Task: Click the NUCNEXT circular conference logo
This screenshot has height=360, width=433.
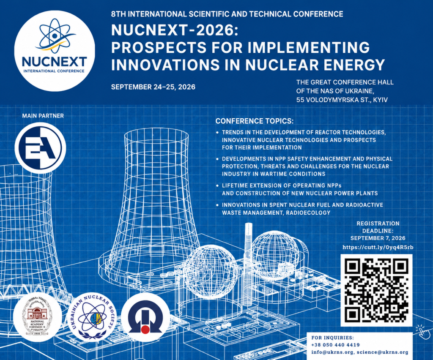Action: (55, 51)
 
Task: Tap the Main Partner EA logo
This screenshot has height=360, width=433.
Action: (40, 147)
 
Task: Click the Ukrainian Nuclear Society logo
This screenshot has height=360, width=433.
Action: (92, 317)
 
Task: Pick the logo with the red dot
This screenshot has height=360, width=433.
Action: (145, 317)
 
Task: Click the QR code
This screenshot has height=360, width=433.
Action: (376, 290)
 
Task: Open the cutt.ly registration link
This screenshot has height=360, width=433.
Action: (378, 248)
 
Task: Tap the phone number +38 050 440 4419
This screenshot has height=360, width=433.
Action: (335, 345)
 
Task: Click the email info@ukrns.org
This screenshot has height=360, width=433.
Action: (332, 352)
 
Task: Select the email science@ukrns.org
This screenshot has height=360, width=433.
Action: (382, 352)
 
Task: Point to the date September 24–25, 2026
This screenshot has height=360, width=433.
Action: (153, 87)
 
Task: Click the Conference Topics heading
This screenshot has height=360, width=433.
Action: (254, 121)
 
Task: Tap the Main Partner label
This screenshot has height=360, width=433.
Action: (43, 116)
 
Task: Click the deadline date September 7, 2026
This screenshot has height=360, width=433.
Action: (378, 238)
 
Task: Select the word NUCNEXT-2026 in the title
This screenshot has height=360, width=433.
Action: (174, 30)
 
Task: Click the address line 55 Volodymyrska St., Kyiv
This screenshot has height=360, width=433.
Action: (342, 100)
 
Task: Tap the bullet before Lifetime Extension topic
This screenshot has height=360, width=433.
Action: (218, 186)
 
